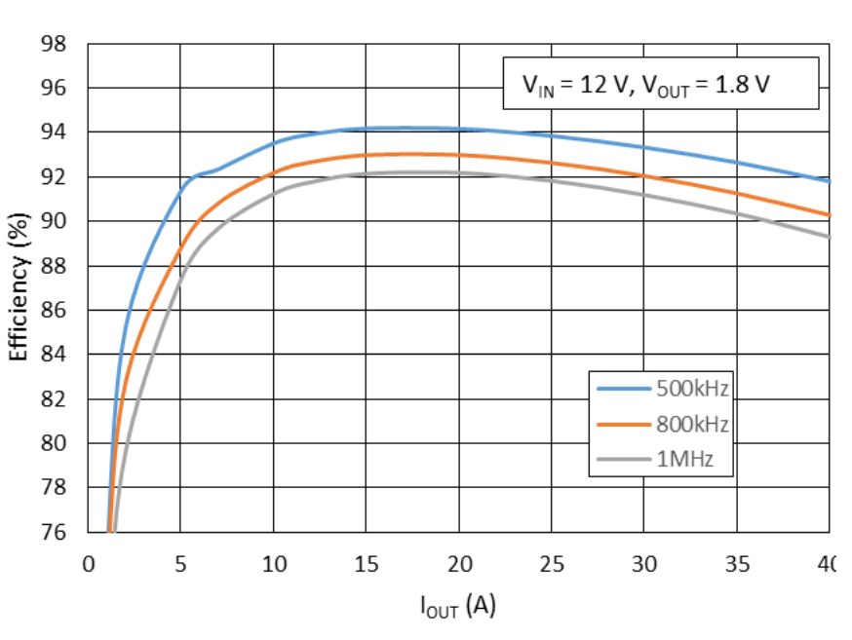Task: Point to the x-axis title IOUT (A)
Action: [457, 606]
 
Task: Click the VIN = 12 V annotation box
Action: [659, 86]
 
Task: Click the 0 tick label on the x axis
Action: [88, 564]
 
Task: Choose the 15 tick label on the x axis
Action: [366, 564]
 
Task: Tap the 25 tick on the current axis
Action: [551, 564]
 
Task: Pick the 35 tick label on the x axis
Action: [736, 564]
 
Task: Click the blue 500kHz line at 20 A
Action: [458, 129]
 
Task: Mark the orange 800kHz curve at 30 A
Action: [643, 175]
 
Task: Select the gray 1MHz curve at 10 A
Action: [273, 190]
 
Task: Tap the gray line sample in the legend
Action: [624, 460]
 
